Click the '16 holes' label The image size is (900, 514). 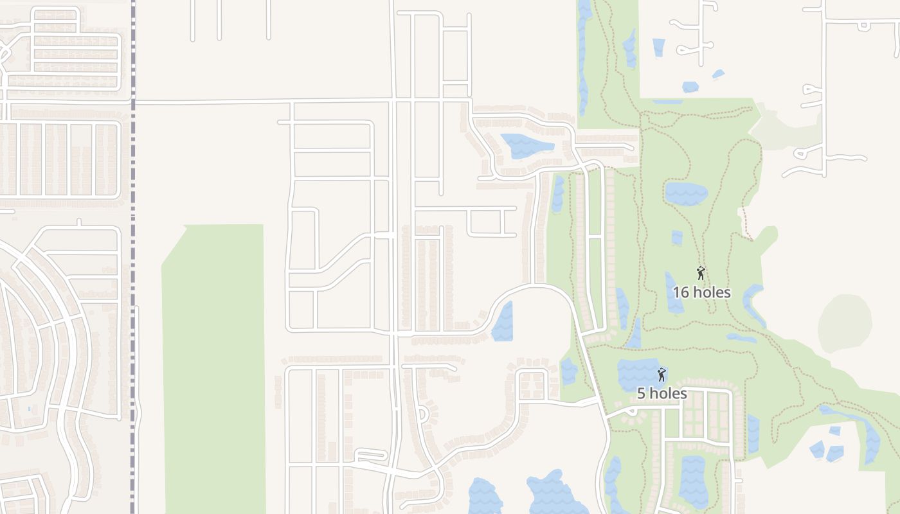701,292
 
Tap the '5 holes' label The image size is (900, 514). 661,394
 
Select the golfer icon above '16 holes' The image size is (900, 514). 701,273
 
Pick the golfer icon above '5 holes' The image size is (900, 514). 661,374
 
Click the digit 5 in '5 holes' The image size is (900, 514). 641,394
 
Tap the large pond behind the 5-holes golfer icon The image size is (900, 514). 636,373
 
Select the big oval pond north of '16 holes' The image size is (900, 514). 686,193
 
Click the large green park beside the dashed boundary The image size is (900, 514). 214,366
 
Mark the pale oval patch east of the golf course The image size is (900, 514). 845,323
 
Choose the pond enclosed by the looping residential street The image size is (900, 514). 526,145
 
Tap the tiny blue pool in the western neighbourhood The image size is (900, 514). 29,409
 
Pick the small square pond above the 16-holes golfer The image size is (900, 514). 677,238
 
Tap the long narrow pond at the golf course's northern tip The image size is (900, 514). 584,58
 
